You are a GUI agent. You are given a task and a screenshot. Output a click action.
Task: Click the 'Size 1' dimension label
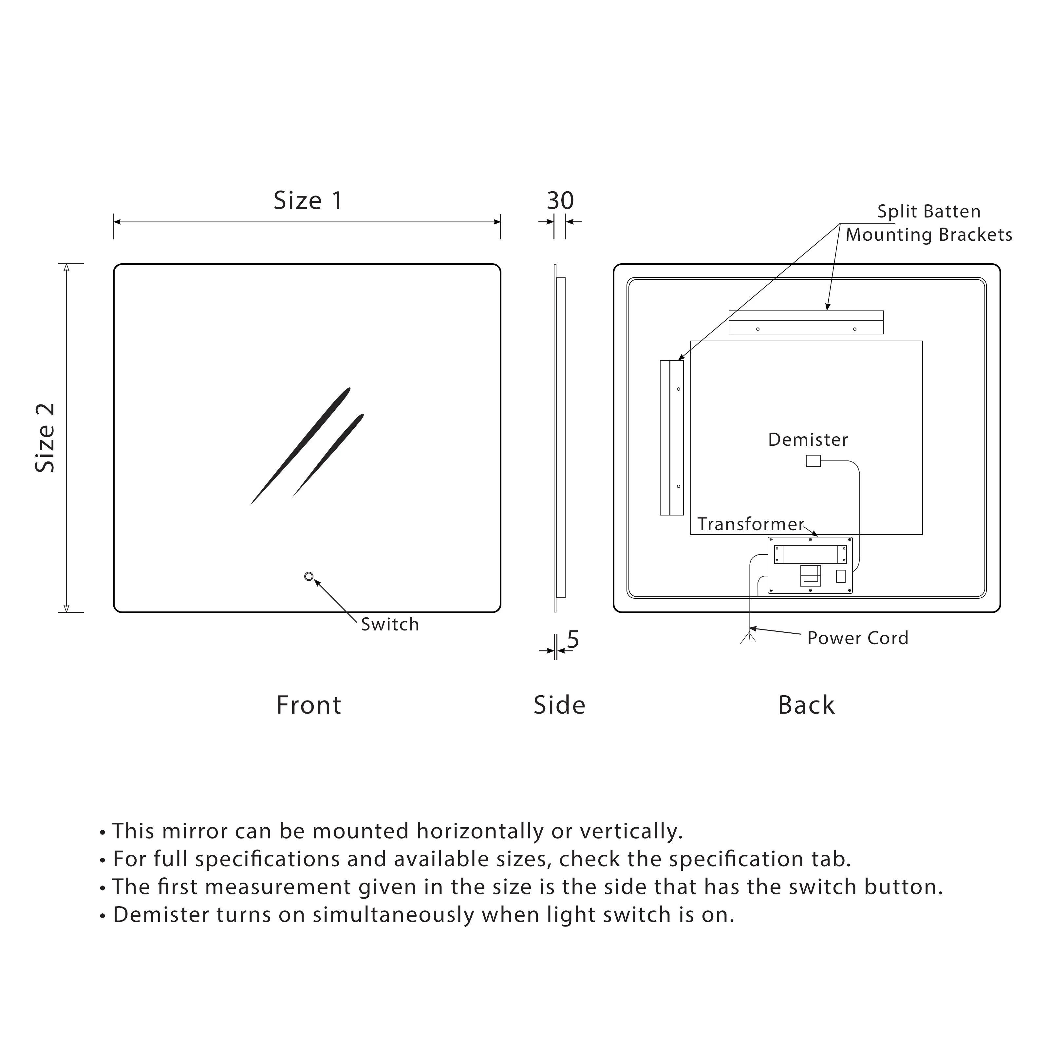[x=308, y=201]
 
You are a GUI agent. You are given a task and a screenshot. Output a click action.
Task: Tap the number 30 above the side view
[x=560, y=201]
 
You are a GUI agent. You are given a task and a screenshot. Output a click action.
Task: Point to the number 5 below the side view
[x=573, y=640]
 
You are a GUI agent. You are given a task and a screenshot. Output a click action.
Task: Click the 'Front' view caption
[x=309, y=705]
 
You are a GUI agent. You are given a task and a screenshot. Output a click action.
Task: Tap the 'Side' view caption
[x=559, y=705]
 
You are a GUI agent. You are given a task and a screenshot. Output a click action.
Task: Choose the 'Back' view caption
[x=806, y=705]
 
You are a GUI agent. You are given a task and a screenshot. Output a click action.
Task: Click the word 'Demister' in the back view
[x=808, y=440]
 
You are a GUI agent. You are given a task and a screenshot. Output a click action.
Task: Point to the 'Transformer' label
[x=750, y=524]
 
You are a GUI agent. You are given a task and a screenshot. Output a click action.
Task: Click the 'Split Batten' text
[x=929, y=212]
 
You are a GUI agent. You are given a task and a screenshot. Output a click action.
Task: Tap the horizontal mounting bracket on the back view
[x=806, y=323]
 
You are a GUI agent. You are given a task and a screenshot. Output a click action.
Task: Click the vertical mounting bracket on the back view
[x=672, y=437]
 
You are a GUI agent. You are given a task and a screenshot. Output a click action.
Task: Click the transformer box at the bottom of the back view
[x=810, y=565]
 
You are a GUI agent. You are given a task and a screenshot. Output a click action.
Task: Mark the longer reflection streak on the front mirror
[x=300, y=446]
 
